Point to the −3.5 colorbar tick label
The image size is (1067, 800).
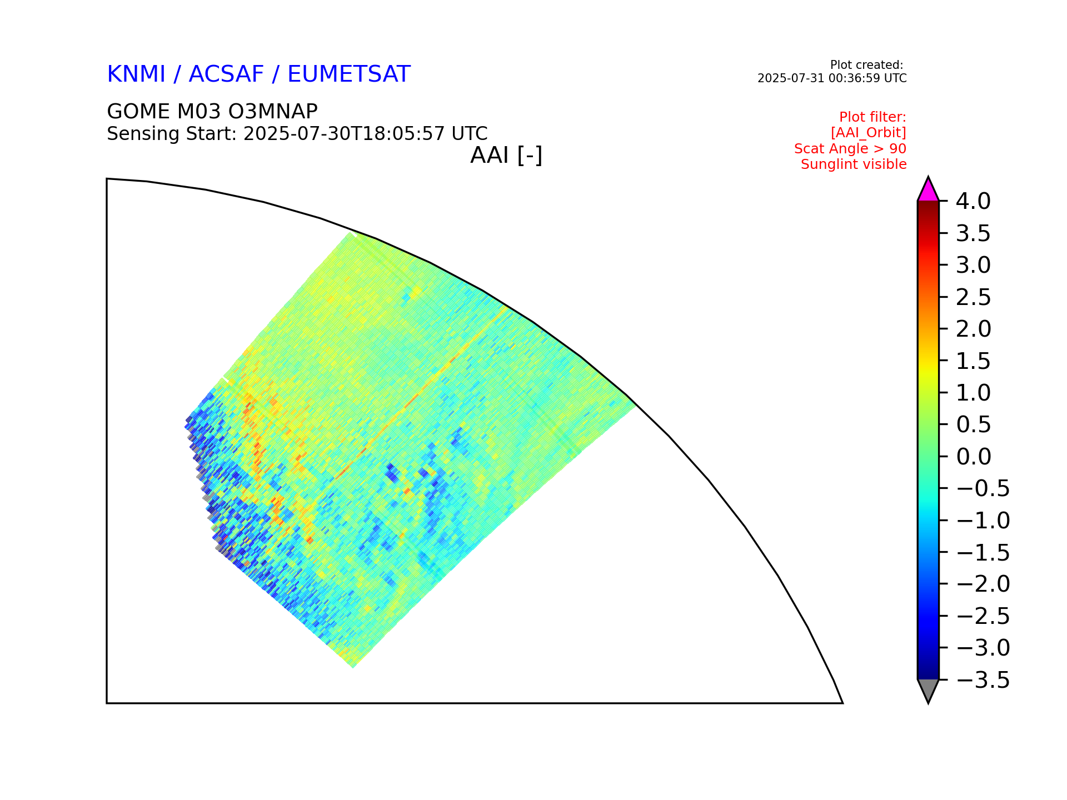(x=983, y=680)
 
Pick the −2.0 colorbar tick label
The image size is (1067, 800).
(x=983, y=584)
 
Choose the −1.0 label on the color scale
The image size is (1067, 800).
(x=983, y=521)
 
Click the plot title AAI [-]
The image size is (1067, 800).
(x=506, y=155)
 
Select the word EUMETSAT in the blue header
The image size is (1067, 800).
(x=349, y=74)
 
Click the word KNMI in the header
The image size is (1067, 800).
(x=136, y=74)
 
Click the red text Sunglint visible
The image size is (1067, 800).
(x=854, y=164)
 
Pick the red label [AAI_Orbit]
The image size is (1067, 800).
(x=869, y=133)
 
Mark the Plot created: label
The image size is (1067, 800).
(x=867, y=65)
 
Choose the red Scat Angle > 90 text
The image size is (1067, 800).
(x=850, y=149)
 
